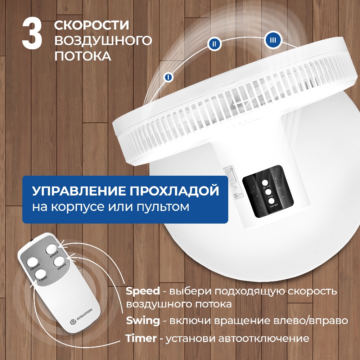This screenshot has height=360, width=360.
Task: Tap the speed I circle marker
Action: pyautogui.click(x=168, y=77)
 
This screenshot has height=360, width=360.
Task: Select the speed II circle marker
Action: pyautogui.click(x=214, y=44)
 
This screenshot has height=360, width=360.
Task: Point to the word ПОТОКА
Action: pyautogui.click(x=82, y=56)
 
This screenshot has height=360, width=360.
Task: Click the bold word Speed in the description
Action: pyautogui.click(x=143, y=291)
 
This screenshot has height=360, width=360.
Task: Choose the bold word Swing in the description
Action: pyautogui.click(x=143, y=320)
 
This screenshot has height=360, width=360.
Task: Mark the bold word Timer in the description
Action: pyautogui.click(x=141, y=338)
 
